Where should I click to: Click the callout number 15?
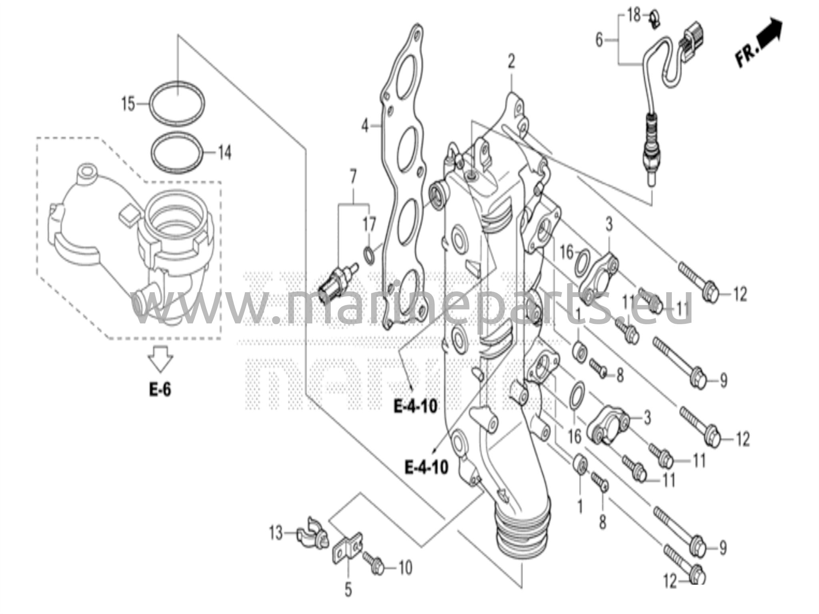(128, 104)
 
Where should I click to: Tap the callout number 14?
(225, 153)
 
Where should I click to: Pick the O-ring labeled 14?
(176, 133)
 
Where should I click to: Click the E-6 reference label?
(160, 389)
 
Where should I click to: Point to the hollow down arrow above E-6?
(160, 357)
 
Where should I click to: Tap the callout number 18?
(634, 16)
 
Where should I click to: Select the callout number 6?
(599, 40)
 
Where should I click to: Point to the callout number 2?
(511, 62)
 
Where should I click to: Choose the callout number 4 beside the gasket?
(364, 126)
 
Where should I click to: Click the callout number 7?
(353, 177)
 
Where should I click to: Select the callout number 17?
(369, 225)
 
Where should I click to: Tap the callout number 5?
(348, 589)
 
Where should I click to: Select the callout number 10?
(405, 568)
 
